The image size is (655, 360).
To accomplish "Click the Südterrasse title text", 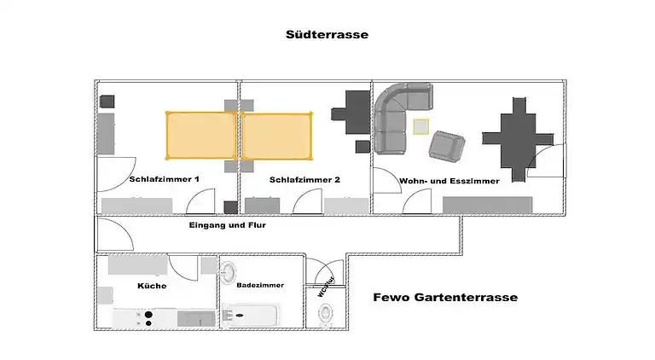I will click(327, 36).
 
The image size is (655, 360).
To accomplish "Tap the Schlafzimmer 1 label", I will click(165, 180).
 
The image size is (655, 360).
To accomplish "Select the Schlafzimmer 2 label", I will click(304, 180).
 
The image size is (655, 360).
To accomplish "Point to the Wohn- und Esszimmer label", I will click(449, 180).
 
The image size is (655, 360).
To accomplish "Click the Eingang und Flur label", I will click(228, 225).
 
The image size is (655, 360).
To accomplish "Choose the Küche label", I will click(152, 286).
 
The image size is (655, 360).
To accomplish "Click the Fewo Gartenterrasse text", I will click(445, 298).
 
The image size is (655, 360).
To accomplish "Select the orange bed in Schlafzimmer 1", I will click(200, 135).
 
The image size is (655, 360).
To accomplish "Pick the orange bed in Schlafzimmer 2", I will click(276, 135).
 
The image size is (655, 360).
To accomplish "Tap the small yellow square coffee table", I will click(420, 127).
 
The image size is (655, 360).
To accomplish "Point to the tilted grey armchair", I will click(446, 145).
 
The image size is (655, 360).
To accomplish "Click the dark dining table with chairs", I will click(518, 137).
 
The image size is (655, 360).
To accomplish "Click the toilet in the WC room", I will click(327, 315).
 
